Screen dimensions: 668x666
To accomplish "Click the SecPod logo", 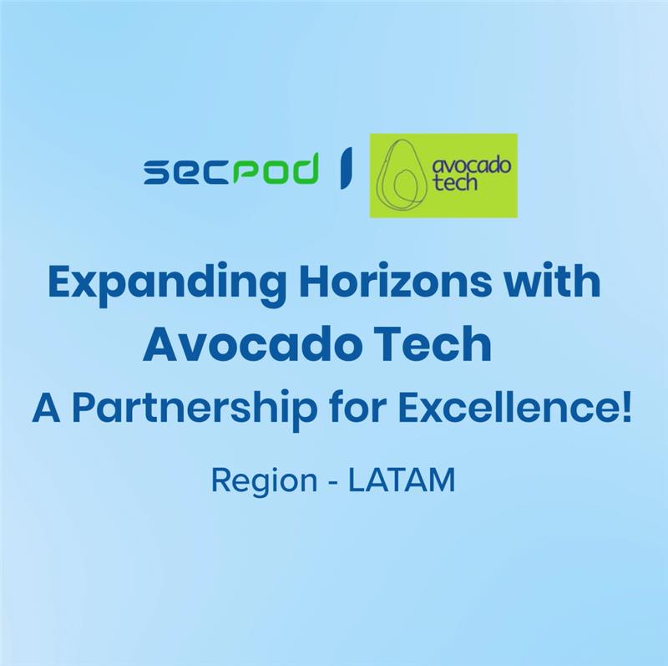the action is click(231, 170).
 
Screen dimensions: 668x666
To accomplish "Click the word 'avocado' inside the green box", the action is click(471, 165).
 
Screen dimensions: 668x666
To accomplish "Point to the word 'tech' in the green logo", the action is click(454, 182).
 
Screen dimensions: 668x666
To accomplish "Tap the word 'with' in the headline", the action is click(554, 281).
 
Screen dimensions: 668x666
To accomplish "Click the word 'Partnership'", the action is click(195, 409).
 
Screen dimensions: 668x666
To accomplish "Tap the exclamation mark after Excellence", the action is click(626, 409).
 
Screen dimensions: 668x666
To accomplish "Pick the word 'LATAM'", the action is click(402, 480).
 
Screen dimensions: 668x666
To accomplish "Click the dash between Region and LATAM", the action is click(333, 483).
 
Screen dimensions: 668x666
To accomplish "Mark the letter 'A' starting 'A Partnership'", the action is click(46, 409).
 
